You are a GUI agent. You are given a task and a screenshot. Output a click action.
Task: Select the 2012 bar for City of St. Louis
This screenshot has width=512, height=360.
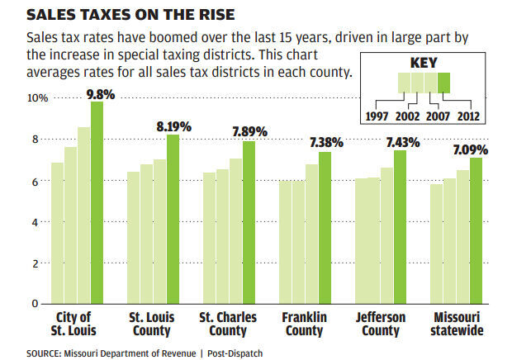97,202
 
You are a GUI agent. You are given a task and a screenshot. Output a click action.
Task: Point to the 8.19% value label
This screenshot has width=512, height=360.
173,126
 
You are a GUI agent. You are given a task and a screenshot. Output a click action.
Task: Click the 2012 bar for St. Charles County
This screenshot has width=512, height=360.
249,222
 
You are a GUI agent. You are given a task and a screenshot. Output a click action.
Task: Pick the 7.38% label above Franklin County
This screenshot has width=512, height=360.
323,143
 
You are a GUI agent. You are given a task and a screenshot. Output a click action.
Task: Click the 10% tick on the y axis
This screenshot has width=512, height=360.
38,98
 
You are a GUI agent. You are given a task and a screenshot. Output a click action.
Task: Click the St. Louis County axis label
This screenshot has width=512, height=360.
150,324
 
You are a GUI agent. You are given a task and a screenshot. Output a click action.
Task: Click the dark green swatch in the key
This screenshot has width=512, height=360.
443,83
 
